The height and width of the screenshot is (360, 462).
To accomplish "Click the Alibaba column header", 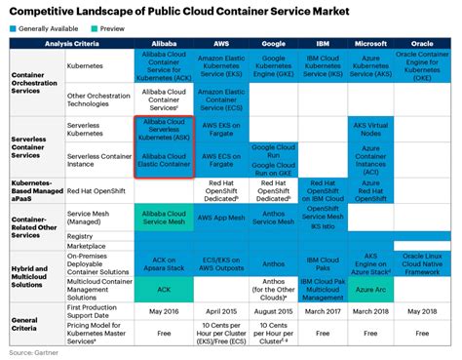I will [163, 45].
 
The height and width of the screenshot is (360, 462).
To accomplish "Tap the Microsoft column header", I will [371, 45].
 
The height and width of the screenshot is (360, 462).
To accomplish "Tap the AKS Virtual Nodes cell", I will [371, 129].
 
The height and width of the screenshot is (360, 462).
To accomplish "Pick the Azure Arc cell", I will [371, 291].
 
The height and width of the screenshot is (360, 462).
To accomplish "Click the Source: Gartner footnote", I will [29, 351].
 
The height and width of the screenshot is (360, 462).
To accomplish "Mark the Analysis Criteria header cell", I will [69, 45].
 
